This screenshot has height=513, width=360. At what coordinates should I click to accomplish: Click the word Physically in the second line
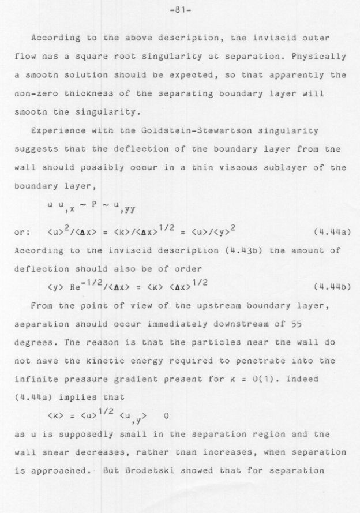pos(321,57)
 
